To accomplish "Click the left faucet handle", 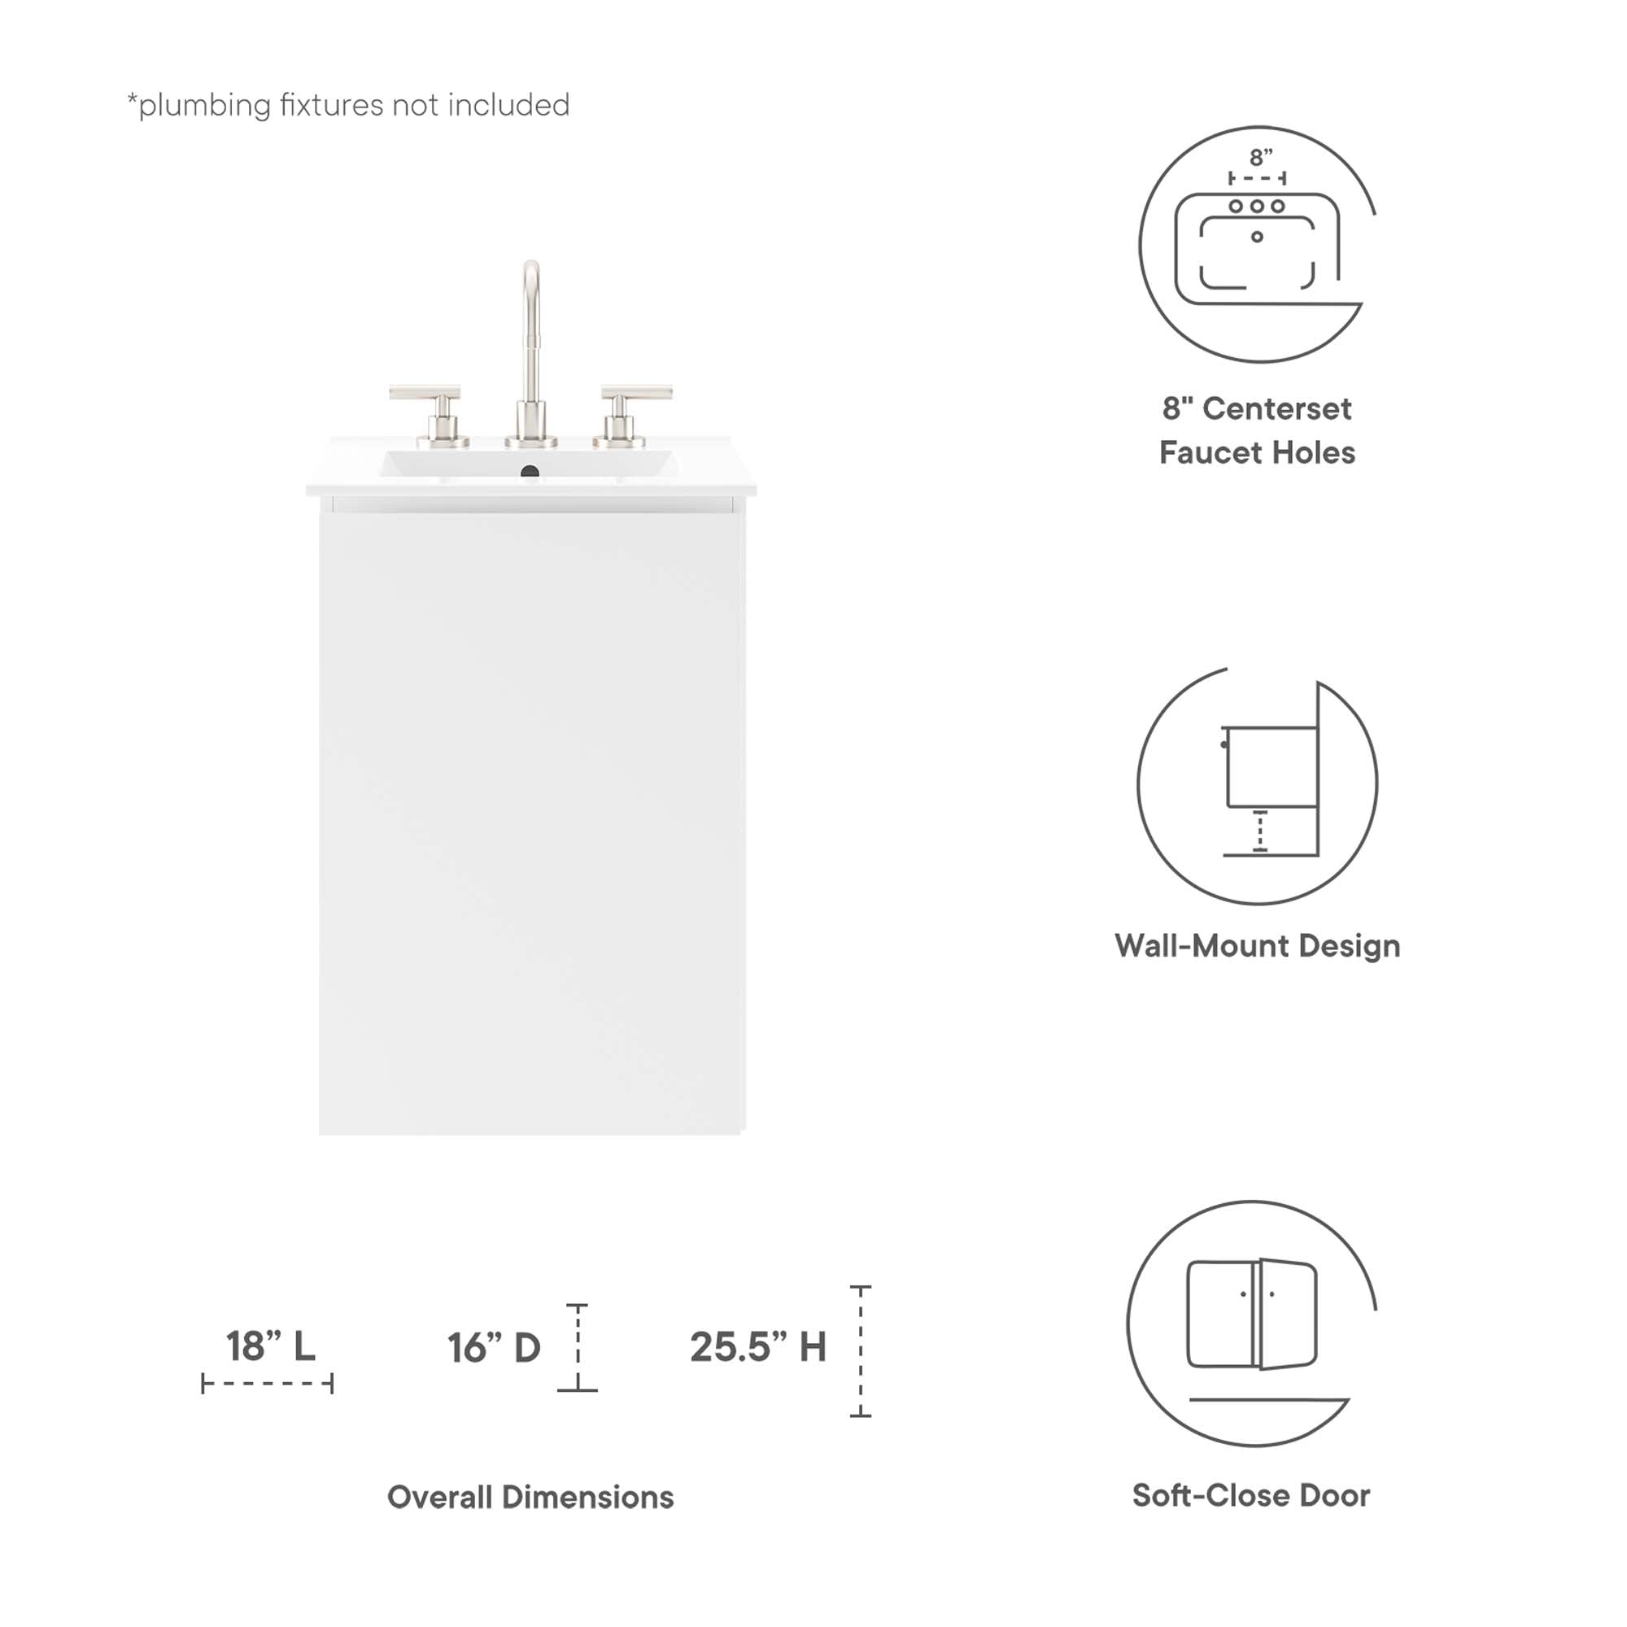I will click(426, 394).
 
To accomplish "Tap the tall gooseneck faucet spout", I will click(530, 337).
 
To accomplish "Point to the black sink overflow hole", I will click(530, 472).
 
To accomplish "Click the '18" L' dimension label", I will click(270, 1346).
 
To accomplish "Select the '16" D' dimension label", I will click(494, 1348).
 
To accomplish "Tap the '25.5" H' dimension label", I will click(758, 1347).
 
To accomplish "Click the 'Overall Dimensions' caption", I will click(530, 1498).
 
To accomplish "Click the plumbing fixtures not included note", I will click(349, 105).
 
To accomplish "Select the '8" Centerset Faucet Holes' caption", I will click(1257, 430).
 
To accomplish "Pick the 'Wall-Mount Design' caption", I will click(1257, 946).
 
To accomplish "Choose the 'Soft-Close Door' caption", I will click(1250, 1496).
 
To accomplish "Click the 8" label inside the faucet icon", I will click(1261, 158).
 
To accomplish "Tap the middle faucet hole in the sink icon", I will click(1257, 207).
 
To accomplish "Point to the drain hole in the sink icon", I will click(1257, 238).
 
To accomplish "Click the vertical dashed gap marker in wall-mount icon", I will click(1260, 831).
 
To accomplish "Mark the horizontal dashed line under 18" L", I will click(268, 1384).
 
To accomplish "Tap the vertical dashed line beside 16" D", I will click(578, 1347).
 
